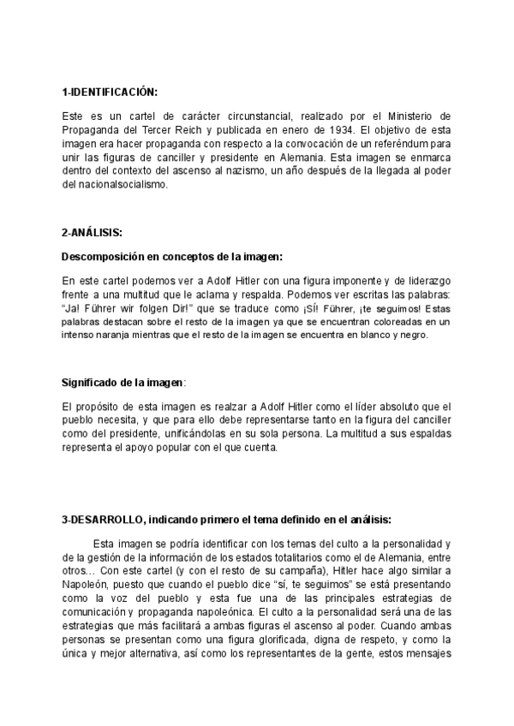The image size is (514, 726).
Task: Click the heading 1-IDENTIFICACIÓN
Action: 110,92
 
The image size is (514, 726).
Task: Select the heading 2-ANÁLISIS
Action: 94,233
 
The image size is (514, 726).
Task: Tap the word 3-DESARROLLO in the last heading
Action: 96,518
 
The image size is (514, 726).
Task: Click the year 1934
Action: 335,128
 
